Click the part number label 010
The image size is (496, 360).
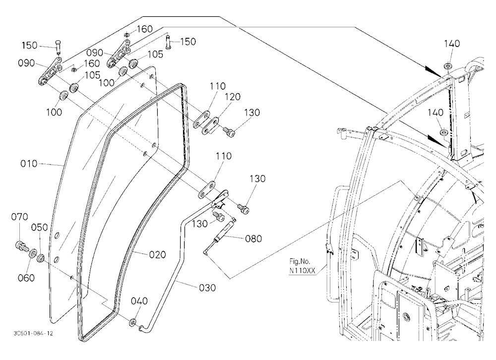point(29,164)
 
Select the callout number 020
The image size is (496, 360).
point(158,254)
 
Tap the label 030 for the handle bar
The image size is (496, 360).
point(207,288)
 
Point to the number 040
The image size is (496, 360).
point(139,300)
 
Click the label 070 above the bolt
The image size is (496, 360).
point(20,217)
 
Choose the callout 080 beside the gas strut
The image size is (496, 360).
point(253,238)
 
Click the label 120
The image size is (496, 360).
point(233,97)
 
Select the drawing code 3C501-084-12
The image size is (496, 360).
point(34,333)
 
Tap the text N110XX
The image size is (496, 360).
point(302,271)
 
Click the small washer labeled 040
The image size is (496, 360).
point(133,322)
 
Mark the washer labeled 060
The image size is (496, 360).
point(33,254)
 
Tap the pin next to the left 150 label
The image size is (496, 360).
point(58,47)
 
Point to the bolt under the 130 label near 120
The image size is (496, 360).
point(229,131)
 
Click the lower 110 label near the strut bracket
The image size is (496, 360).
point(224,156)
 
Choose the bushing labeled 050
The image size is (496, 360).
point(41,258)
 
